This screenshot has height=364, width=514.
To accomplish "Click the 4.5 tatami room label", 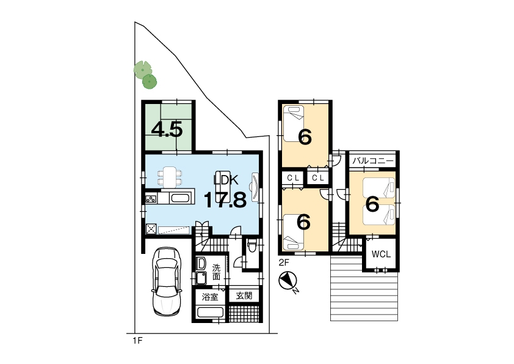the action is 167,130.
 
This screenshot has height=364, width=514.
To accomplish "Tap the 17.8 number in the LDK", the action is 225,199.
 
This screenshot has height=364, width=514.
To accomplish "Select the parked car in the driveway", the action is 167,281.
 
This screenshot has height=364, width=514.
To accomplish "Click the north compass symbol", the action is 288,281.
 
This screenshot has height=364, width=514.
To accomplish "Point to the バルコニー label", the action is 373,161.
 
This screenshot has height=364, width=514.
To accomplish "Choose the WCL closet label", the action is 381,254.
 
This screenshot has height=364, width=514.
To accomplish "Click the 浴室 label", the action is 210,297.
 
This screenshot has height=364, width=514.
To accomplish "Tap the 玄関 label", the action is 244,295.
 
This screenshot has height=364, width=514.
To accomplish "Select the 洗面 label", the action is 216,272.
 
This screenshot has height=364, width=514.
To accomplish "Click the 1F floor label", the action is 138,341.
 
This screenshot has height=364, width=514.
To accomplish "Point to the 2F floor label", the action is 284,262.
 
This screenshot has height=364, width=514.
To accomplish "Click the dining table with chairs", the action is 170,177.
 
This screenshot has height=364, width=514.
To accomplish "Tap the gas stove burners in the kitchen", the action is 151,199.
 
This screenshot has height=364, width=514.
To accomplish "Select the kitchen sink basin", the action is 180,198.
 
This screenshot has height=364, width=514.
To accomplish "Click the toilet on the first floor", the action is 252,246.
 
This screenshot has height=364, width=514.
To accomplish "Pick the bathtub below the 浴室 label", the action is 210,312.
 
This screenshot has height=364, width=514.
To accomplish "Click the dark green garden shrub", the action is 150,81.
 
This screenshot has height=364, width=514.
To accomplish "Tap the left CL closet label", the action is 293,178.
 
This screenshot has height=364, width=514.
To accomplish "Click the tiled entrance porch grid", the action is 244,313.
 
